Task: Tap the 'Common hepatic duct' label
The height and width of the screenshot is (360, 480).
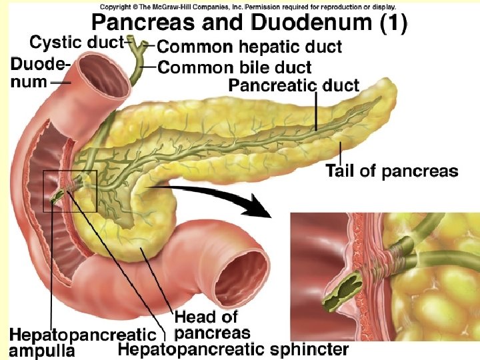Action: click(x=249, y=47)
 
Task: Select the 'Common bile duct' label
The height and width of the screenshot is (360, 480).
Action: click(x=235, y=67)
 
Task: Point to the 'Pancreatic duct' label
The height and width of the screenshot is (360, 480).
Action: click(x=294, y=85)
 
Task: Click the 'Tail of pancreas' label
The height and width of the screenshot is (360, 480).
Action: click(x=392, y=171)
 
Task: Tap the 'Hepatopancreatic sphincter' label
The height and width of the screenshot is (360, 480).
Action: click(x=233, y=349)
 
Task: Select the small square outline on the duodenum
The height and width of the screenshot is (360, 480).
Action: click(x=70, y=191)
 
